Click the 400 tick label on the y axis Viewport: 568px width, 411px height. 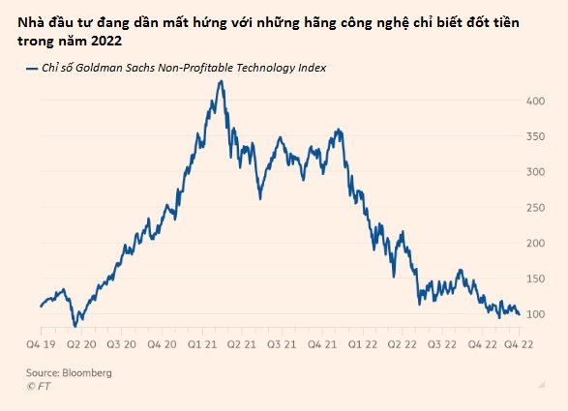point(533,101)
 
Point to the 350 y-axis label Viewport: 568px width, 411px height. point(533,136)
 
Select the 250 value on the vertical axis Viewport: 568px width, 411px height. point(533,208)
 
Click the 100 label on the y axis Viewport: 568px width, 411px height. point(533,314)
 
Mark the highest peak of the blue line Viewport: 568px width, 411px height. point(221,81)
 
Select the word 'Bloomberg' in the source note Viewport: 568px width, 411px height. point(87,372)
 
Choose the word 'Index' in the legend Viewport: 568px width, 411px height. point(310,69)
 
